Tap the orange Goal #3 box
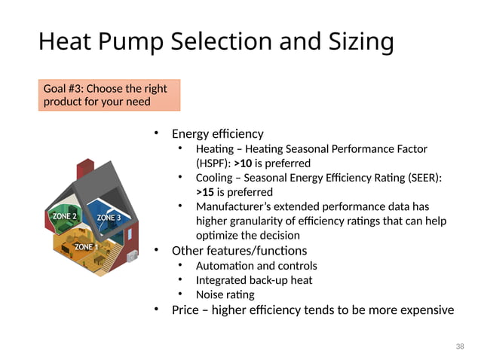pos(109,95)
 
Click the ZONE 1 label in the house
pos(85,246)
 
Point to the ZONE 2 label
pos(63,216)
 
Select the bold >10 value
pos(244,163)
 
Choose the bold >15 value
pos(205,192)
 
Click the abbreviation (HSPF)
pos(213,163)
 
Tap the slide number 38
pos(460,346)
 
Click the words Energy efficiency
pos(217,134)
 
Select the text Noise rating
pos(225,294)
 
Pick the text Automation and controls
pos(256,266)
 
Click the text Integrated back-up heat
pos(253,280)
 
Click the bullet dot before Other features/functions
pos(157,249)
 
